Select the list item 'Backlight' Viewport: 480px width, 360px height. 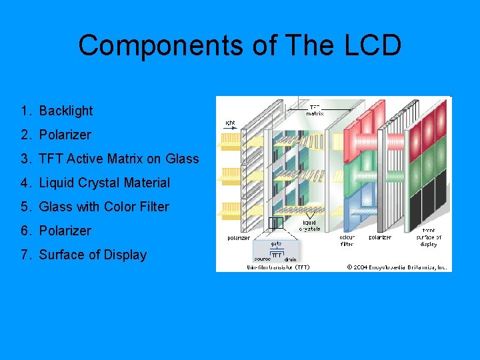pyautogui.click(x=66, y=111)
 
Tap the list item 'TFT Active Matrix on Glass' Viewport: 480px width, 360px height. pyautogui.click(x=119, y=159)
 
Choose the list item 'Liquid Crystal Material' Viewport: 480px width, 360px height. pyautogui.click(x=105, y=183)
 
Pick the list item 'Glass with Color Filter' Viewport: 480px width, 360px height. pyautogui.click(x=104, y=207)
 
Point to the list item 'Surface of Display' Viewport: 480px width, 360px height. pyautogui.click(x=93, y=255)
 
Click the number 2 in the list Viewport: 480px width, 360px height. pyautogui.click(x=25, y=135)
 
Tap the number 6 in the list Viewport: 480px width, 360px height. pyautogui.click(x=25, y=231)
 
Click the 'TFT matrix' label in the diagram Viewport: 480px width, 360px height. pyautogui.click(x=315, y=110)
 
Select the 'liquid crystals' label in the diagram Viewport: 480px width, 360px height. pyautogui.click(x=311, y=225)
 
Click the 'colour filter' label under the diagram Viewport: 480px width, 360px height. pyautogui.click(x=347, y=240)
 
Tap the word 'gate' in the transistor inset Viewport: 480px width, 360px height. pyautogui.click(x=276, y=244)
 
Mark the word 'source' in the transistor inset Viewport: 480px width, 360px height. pyautogui.click(x=263, y=259)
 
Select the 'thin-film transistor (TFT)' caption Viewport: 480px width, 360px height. pyautogui.click(x=278, y=267)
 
